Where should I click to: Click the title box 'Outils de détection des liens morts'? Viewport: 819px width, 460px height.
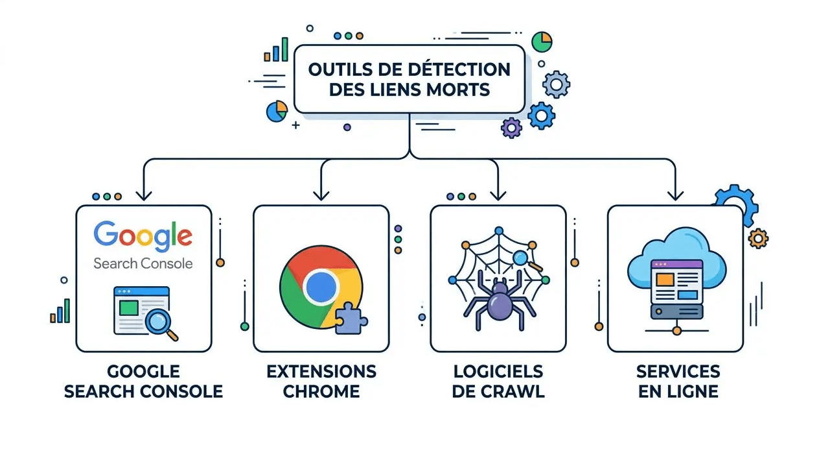tap(409, 79)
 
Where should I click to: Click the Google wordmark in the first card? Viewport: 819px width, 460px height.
tap(143, 236)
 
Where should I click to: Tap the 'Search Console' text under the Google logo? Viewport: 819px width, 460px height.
tap(143, 263)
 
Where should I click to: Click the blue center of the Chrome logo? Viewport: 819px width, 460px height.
tap(321, 287)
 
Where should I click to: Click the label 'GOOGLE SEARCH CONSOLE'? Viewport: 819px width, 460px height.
tap(143, 381)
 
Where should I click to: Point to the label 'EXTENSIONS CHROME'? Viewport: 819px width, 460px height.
tap(321, 381)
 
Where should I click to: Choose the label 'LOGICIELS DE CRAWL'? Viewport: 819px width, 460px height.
tap(498, 381)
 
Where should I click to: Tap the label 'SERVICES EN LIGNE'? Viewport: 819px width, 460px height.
tap(677, 381)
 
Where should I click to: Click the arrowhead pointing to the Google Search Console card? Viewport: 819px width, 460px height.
tap(143, 195)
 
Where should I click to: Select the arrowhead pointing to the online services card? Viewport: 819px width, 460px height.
tap(676, 195)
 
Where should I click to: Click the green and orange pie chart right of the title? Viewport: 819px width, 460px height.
tap(542, 42)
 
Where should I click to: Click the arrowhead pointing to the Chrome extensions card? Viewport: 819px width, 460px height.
tap(321, 195)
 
